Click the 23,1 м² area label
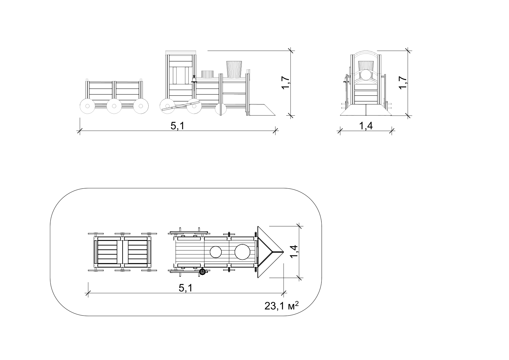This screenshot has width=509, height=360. pos(282,306)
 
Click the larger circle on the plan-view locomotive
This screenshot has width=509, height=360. pos(242,252)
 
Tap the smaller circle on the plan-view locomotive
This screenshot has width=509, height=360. pos(216,252)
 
